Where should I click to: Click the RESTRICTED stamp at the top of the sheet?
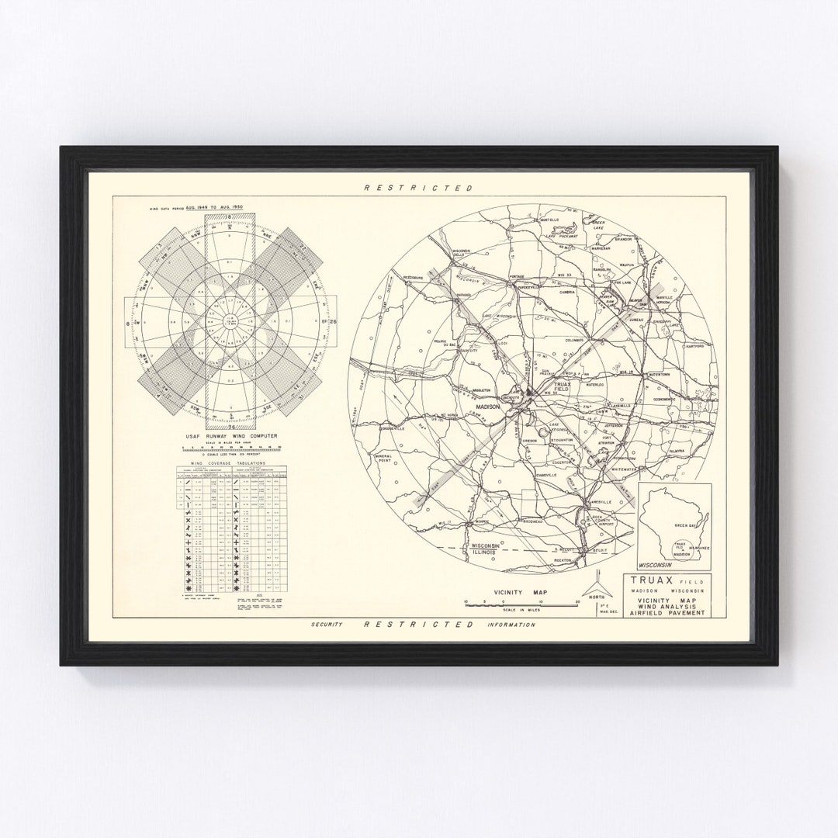click(x=418, y=188)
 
